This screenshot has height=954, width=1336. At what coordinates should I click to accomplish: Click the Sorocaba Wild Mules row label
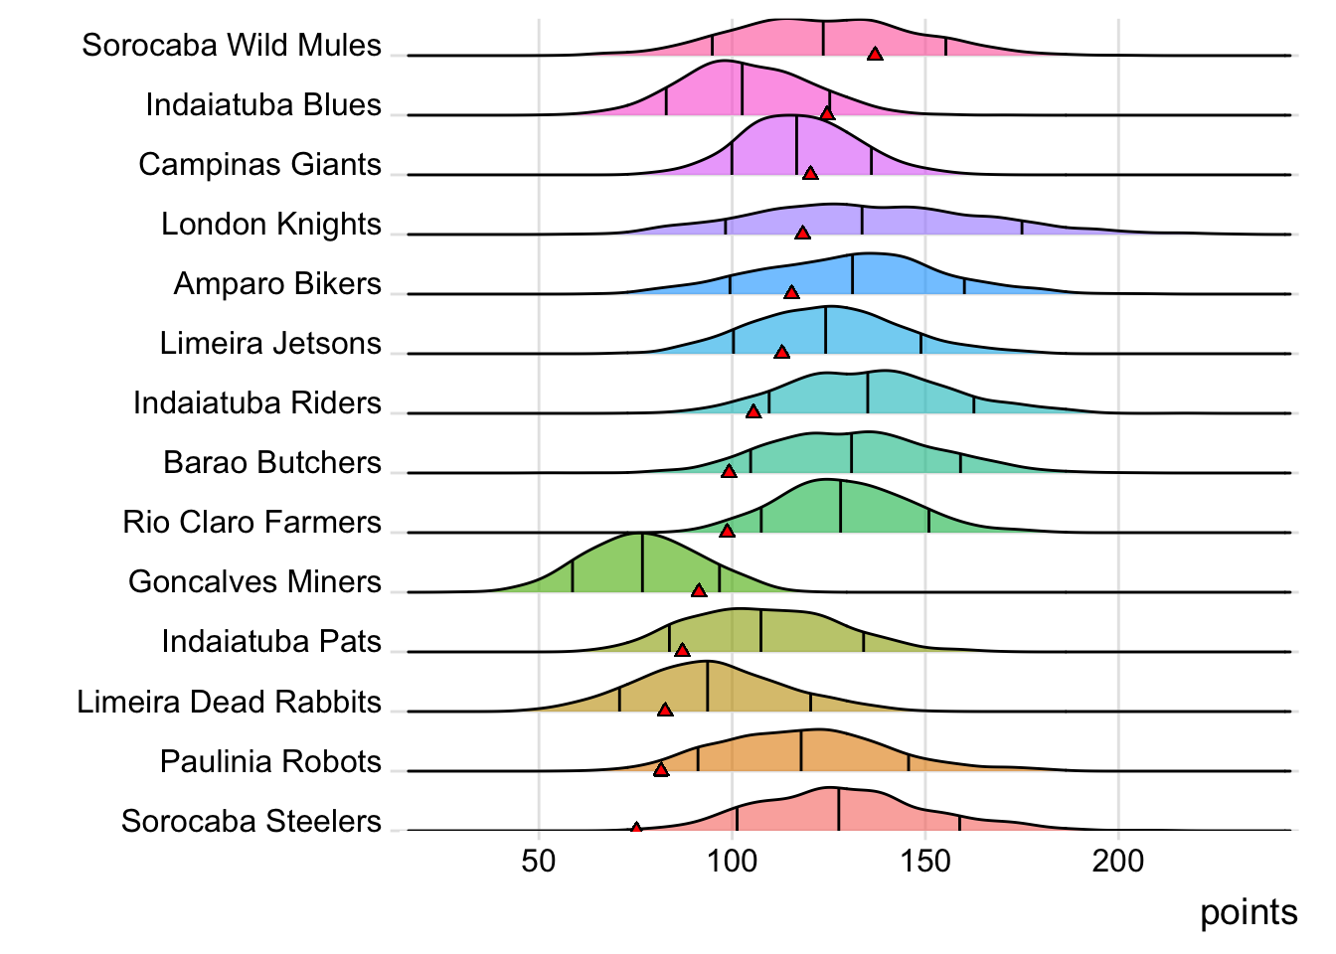(x=231, y=46)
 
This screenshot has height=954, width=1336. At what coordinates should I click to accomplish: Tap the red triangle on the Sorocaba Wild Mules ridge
(x=875, y=55)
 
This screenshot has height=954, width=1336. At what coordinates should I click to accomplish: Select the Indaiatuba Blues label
(x=262, y=105)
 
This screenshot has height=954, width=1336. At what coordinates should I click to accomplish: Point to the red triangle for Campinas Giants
(x=810, y=174)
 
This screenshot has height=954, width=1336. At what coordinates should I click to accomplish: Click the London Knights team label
(x=270, y=225)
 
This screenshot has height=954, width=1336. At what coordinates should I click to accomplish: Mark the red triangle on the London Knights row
(x=802, y=234)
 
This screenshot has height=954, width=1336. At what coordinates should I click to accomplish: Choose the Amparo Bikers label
(x=277, y=284)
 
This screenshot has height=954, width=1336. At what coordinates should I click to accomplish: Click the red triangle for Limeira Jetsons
(x=781, y=353)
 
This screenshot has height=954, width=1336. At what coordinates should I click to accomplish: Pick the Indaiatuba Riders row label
(x=256, y=403)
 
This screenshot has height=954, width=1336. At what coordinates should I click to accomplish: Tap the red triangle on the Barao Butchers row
(x=729, y=472)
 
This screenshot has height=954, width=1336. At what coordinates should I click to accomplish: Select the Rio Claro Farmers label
(x=251, y=523)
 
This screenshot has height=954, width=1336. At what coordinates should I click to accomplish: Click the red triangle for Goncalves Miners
(x=699, y=591)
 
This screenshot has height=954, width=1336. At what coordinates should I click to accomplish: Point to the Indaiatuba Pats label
(x=271, y=642)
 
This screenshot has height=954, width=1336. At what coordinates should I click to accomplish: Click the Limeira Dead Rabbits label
(x=229, y=703)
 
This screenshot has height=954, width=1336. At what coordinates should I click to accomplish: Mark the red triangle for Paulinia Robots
(x=661, y=770)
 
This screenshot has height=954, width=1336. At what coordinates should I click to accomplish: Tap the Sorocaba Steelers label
(x=250, y=822)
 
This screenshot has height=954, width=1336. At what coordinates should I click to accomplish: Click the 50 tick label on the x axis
(x=539, y=862)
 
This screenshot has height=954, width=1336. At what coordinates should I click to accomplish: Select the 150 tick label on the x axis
(x=925, y=862)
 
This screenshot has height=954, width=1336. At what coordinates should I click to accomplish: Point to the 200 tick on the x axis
(x=1118, y=862)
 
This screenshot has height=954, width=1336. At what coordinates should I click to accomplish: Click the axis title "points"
(x=1249, y=913)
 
